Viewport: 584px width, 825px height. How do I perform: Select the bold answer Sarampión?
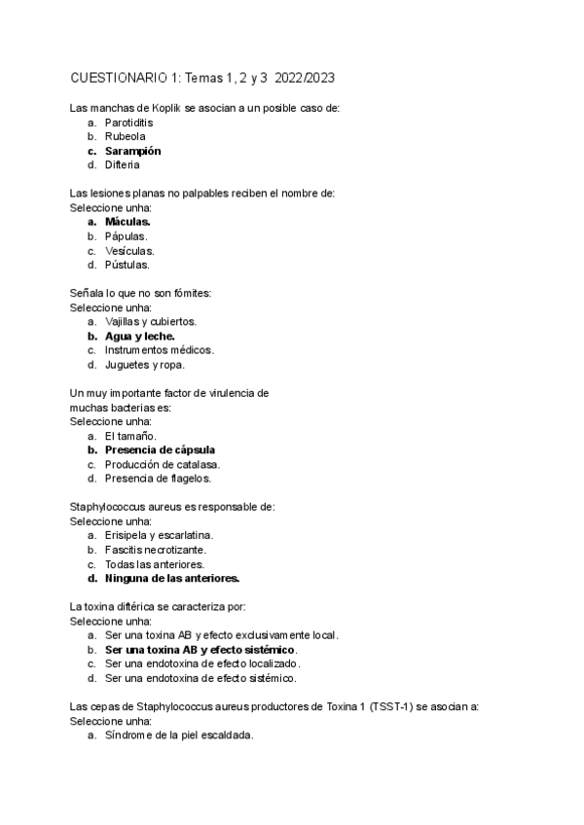(133, 151)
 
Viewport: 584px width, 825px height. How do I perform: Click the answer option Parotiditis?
(128, 123)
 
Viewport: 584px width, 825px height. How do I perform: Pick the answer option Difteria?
(123, 164)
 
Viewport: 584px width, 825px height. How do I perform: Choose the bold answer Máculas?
(128, 222)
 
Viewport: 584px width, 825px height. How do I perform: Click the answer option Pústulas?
(128, 264)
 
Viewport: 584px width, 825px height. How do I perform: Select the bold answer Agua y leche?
(140, 335)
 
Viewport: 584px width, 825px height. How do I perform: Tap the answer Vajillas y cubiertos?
(151, 320)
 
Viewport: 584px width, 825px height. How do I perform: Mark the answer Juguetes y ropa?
(144, 364)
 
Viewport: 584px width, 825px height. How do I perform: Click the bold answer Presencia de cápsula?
(160, 449)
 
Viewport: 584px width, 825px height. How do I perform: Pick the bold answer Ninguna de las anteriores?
(172, 578)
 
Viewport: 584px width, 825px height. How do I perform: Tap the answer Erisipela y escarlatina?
(159, 535)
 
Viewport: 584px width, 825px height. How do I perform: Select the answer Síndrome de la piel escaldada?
(179, 735)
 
